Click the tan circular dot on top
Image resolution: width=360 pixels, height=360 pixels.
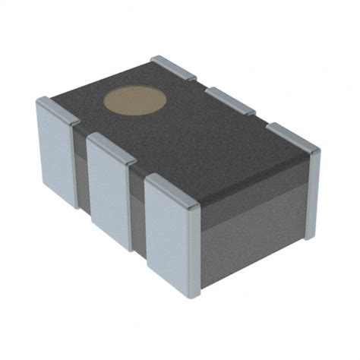[x=134, y=99]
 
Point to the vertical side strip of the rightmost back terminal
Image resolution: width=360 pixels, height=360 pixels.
[x=311, y=194]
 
